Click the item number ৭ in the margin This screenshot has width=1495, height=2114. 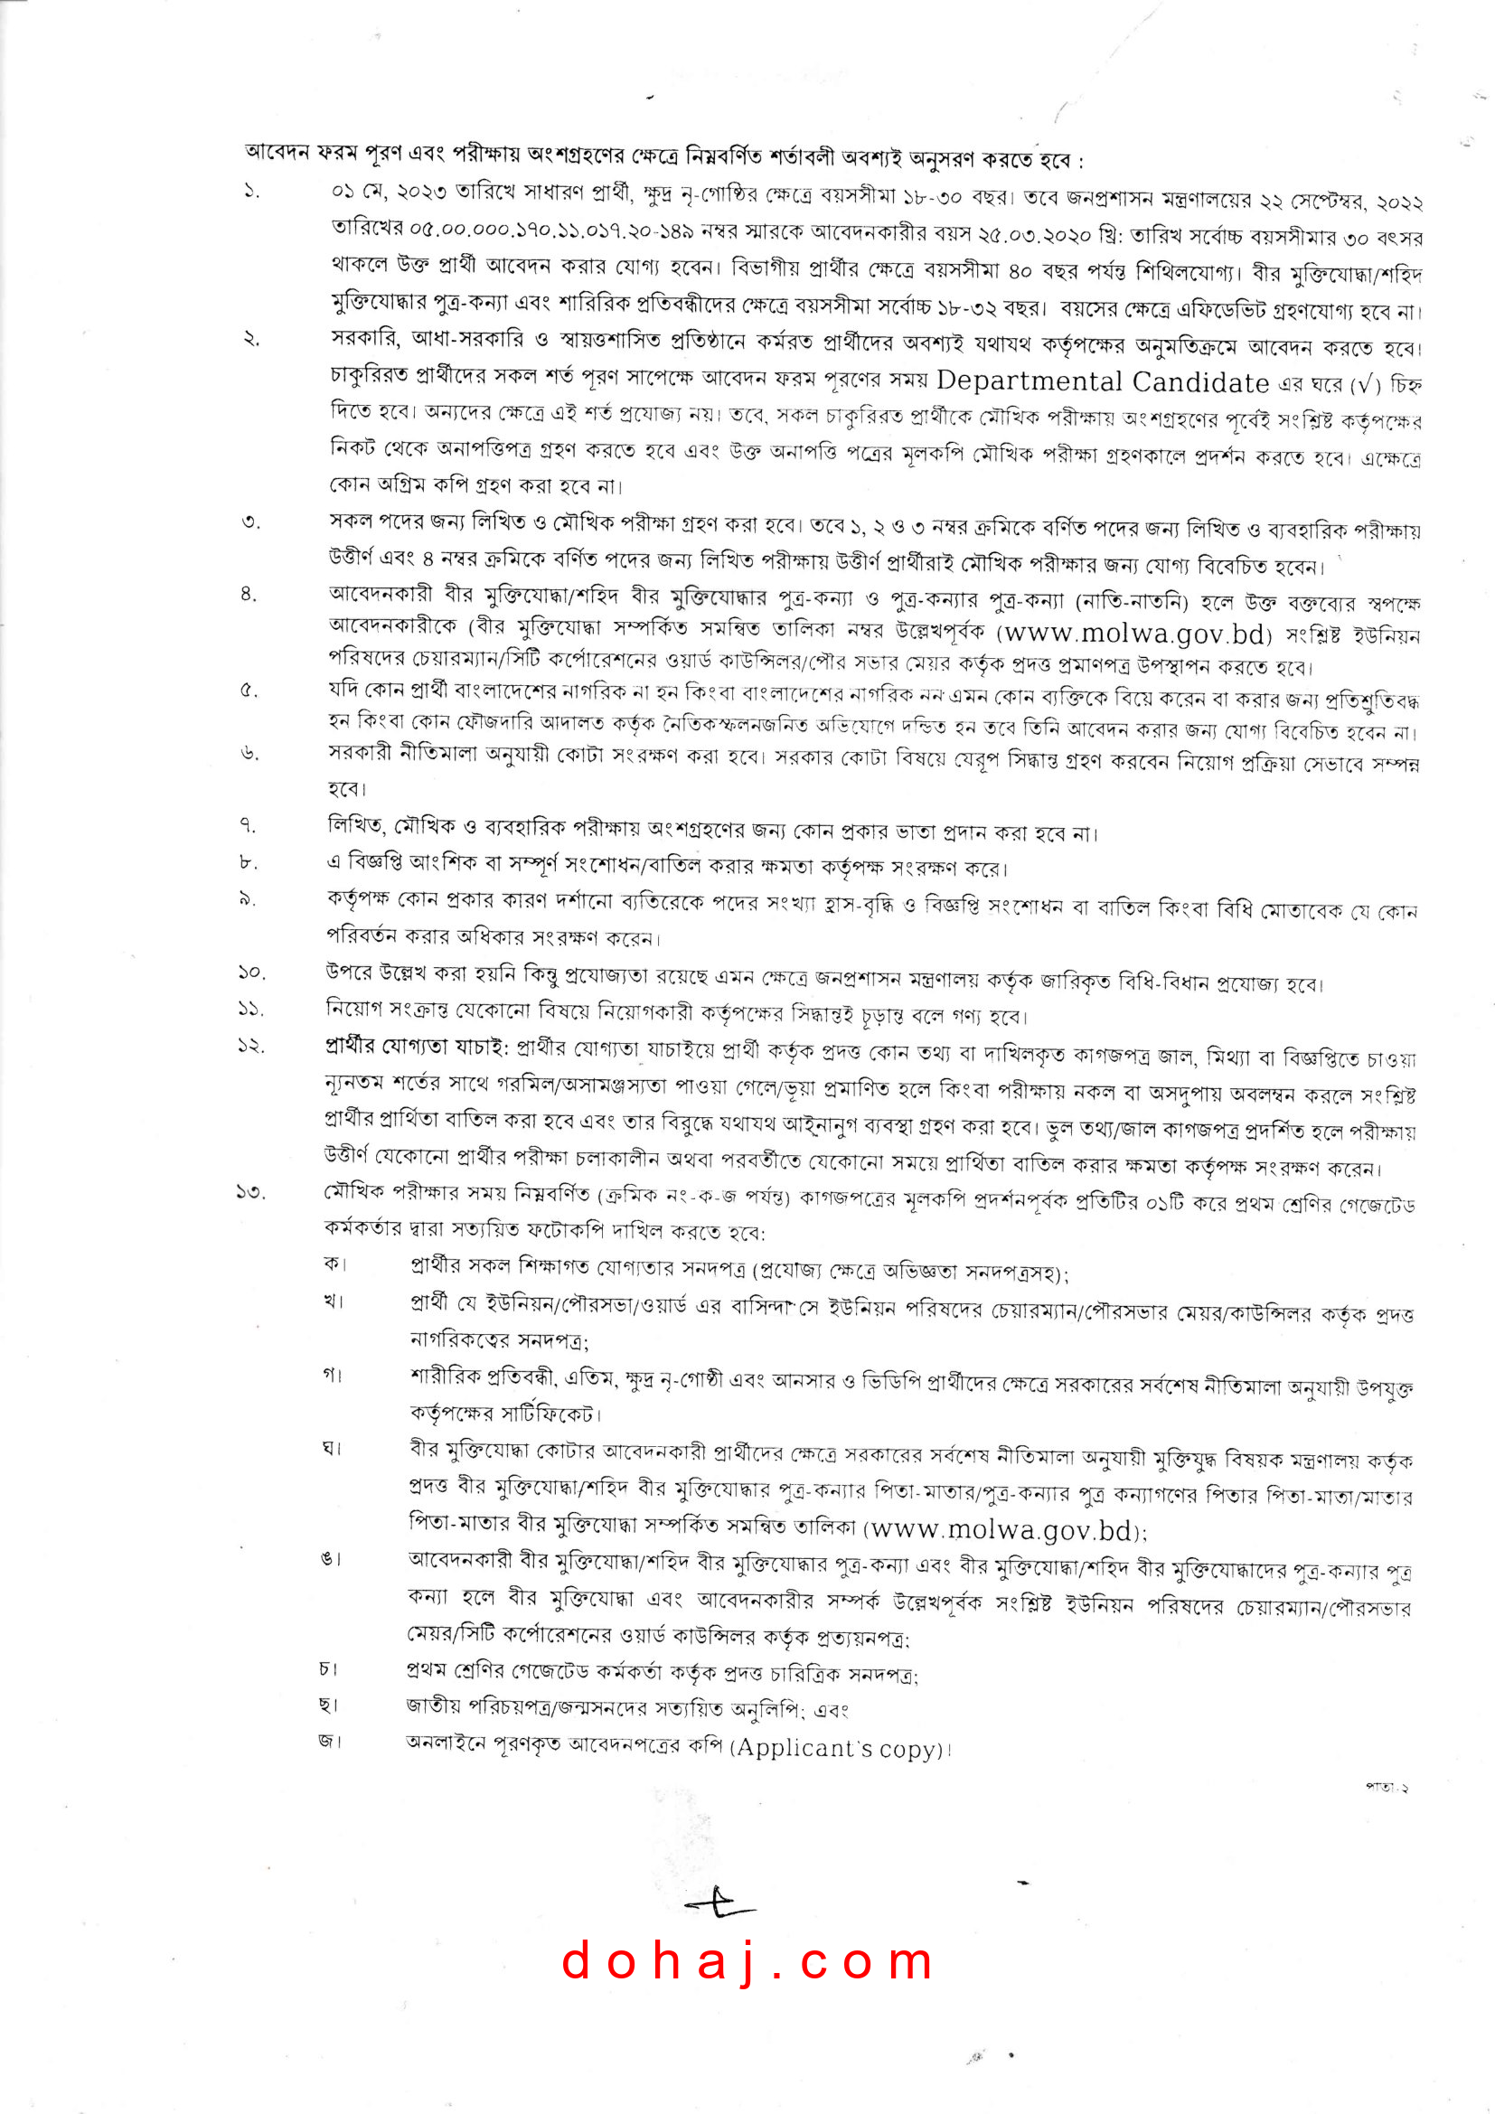(249, 826)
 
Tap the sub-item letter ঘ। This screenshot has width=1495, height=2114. (332, 1448)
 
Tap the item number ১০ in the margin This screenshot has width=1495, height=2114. (250, 972)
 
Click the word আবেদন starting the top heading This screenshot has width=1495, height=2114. (277, 152)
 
